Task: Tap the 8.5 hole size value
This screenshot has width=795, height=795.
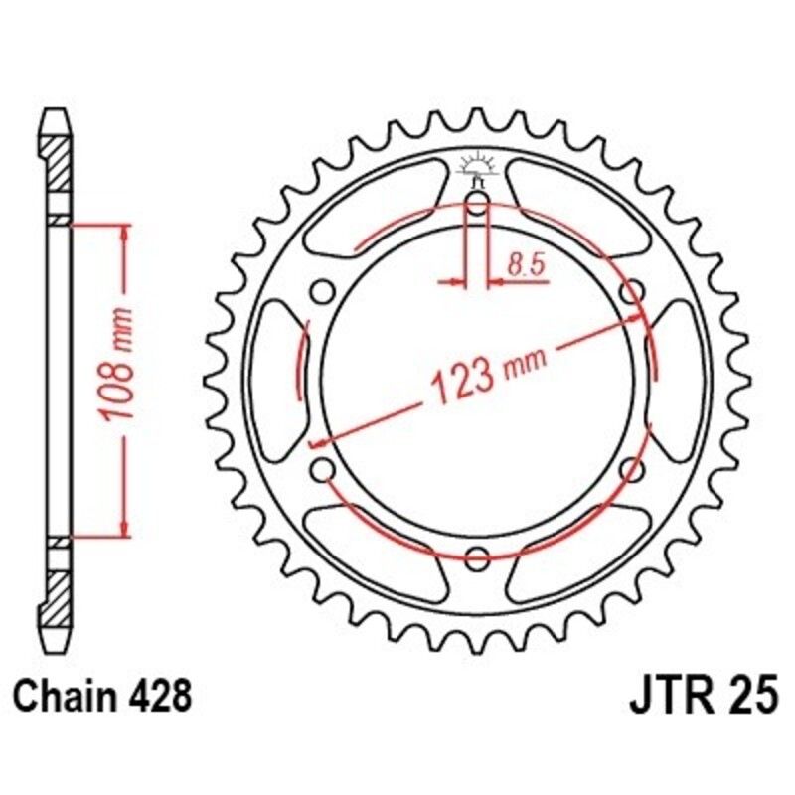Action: click(523, 265)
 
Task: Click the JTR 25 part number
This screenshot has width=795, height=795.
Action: click(702, 697)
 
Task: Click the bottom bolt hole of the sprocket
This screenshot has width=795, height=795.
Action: click(477, 556)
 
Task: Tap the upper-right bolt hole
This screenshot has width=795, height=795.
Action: click(628, 292)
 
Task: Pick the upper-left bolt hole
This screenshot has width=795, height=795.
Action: click(322, 292)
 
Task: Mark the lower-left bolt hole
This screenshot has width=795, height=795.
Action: click(322, 469)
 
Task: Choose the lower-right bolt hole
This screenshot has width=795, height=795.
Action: click(628, 469)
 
